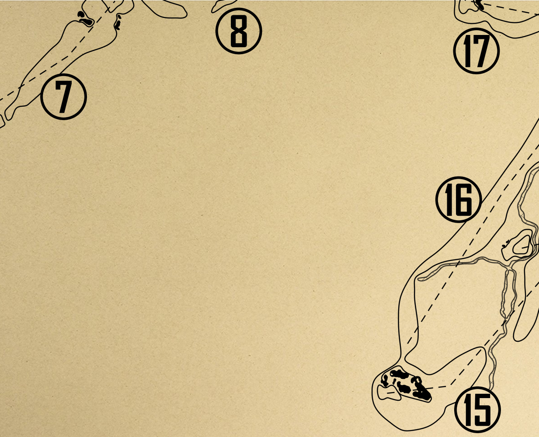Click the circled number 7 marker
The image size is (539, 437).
[x=63, y=97]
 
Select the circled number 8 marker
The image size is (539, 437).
[x=239, y=31]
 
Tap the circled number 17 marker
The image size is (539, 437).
[x=476, y=51]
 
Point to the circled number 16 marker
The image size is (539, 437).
[x=459, y=200]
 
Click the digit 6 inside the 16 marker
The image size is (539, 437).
[x=465, y=200]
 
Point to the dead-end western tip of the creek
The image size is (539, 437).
[x=419, y=279]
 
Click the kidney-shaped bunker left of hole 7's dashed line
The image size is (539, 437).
[x=86, y=22]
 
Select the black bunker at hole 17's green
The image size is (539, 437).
[x=479, y=4]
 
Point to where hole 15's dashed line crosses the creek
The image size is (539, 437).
[x=504, y=322]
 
